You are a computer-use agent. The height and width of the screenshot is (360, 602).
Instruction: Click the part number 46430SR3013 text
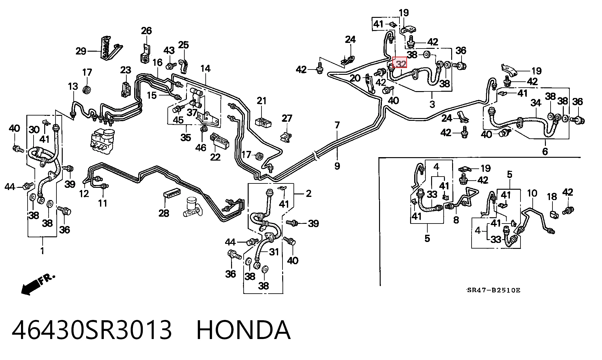point(92,330)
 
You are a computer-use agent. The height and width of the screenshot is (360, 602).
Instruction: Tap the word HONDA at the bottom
point(244,330)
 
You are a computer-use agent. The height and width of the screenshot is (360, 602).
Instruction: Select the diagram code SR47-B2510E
point(494,290)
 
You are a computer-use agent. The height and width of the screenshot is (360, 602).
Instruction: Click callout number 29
point(81,51)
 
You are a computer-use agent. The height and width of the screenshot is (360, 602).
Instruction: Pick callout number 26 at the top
point(146,31)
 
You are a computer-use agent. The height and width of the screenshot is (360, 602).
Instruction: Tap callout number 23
point(125,70)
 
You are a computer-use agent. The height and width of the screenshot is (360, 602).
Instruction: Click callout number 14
point(205,69)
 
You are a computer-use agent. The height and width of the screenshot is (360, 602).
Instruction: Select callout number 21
point(261,101)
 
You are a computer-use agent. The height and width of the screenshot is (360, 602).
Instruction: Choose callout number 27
point(287,118)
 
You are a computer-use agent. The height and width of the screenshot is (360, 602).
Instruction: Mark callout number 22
point(215,157)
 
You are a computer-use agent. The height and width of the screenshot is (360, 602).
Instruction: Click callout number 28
point(164,213)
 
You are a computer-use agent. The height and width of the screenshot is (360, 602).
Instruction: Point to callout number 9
point(337,166)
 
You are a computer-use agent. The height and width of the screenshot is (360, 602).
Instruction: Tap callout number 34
point(536,102)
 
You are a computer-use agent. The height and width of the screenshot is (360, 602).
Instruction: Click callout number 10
point(532,193)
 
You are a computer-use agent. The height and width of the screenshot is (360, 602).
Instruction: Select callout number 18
point(552,197)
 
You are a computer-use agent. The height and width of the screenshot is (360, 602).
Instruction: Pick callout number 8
point(456,220)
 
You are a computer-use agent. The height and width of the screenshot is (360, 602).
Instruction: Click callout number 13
point(73,86)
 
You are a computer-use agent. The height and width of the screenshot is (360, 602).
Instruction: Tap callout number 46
point(201,147)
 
